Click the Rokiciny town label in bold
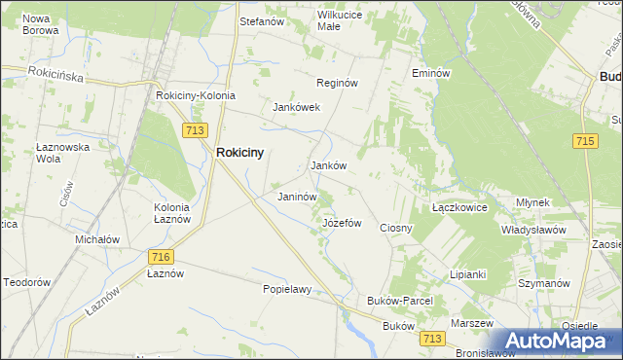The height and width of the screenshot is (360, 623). (240, 153)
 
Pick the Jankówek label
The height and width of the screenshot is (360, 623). (297, 107)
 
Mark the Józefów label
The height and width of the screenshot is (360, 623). (342, 223)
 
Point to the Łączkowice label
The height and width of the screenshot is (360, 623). (459, 208)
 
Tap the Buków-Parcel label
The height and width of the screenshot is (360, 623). (399, 301)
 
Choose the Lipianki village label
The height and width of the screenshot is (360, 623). (467, 274)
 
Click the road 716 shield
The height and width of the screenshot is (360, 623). (162, 256)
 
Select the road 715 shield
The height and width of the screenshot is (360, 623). (585, 142)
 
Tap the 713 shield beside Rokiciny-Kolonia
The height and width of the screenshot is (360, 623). (194, 129)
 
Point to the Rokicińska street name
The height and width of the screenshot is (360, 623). (56, 73)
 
